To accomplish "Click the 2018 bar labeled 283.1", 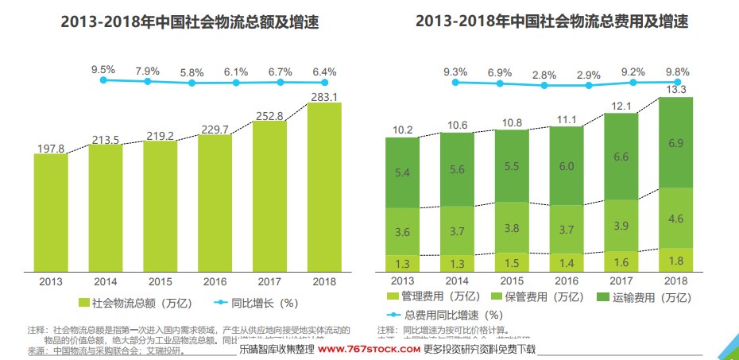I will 324,187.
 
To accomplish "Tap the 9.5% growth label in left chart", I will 103,70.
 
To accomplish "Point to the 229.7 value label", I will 215,130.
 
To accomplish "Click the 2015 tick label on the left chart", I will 160,281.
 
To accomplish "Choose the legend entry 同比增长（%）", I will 256,303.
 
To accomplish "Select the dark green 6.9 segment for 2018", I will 676,143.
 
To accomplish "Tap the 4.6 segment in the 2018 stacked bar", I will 676,219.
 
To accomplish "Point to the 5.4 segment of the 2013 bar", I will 402,172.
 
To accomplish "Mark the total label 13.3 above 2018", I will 676,89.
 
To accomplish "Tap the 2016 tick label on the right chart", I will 566,281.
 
